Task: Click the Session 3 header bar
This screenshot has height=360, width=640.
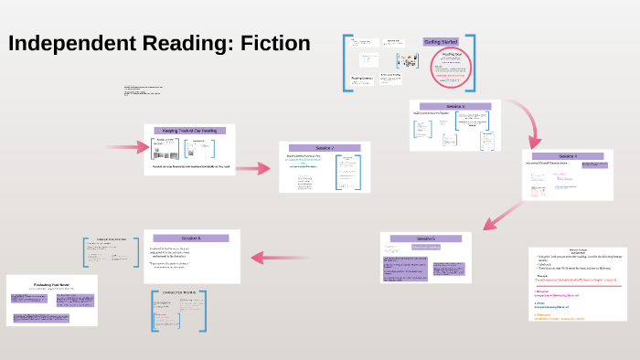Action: coord(454,107)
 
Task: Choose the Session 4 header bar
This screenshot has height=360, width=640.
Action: coord(568,156)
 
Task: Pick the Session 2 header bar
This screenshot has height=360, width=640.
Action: coord(325,148)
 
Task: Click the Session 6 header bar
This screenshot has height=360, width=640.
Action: coord(190,238)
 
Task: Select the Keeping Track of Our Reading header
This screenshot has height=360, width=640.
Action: coord(189,131)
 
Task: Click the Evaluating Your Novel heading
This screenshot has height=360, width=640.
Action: coord(52,284)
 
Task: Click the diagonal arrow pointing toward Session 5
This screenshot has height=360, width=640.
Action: coord(500,216)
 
